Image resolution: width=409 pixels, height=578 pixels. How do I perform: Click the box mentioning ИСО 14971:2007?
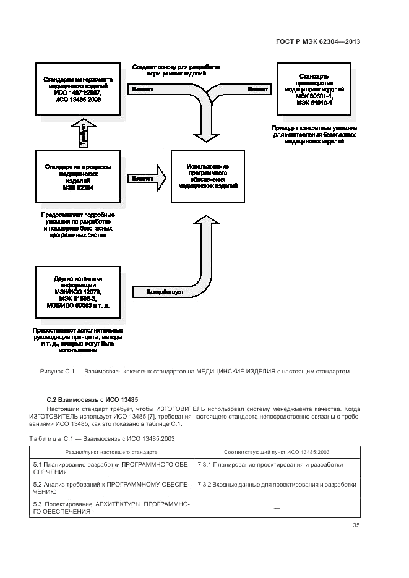[x=78, y=89]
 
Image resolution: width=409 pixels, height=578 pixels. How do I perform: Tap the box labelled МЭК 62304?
[x=78, y=176]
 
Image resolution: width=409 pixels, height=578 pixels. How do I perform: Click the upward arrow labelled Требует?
[x=83, y=135]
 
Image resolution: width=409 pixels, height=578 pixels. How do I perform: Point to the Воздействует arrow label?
[x=165, y=291]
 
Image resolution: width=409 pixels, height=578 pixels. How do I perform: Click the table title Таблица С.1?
[x=102, y=438]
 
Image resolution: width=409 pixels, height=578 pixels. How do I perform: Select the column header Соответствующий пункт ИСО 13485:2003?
[x=277, y=452]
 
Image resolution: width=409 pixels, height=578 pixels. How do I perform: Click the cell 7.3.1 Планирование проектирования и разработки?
[x=270, y=464]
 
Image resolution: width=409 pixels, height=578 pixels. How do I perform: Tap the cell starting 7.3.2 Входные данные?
[x=277, y=485]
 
